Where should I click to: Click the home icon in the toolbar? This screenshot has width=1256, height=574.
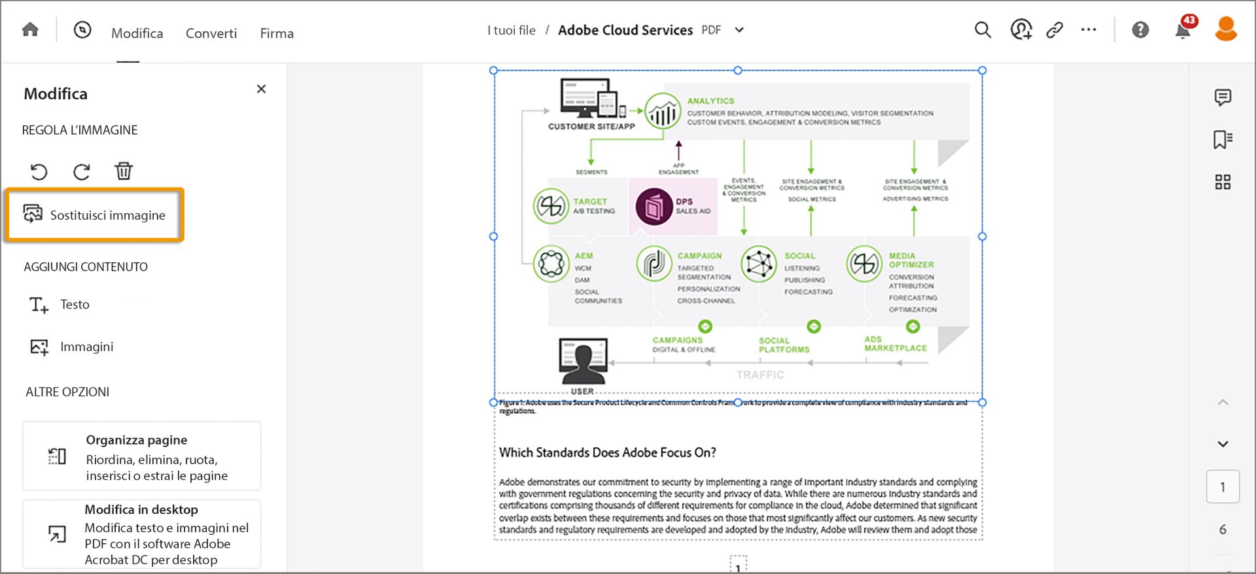pos(30,30)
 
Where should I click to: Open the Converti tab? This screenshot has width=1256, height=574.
pos(211,33)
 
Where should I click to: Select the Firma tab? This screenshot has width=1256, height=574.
pos(277,33)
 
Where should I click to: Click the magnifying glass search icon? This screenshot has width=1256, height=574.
pos(983,30)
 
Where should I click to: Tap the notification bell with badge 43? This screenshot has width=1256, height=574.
pos(1183,30)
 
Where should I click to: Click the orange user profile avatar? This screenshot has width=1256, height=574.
pos(1225,29)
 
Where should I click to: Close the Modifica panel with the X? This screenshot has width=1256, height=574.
pos(261,89)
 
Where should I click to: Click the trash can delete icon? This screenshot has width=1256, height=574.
pos(124,171)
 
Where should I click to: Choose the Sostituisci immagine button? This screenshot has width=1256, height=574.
pos(95,215)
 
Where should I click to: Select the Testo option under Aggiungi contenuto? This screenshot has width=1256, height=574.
pos(75,305)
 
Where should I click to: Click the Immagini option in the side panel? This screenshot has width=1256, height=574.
pos(86,347)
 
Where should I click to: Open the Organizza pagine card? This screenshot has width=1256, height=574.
pos(142,456)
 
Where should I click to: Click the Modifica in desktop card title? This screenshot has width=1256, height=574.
pos(141,510)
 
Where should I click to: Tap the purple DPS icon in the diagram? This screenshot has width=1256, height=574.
pos(654,207)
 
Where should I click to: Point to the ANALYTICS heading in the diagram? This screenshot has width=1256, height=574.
pos(710,101)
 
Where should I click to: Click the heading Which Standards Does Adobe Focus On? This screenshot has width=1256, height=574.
pos(607,452)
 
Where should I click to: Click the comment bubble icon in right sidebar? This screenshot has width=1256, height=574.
pos(1222,97)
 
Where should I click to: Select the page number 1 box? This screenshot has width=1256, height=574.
pos(1222,487)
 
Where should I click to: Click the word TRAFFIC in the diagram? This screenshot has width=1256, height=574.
pos(759,375)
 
